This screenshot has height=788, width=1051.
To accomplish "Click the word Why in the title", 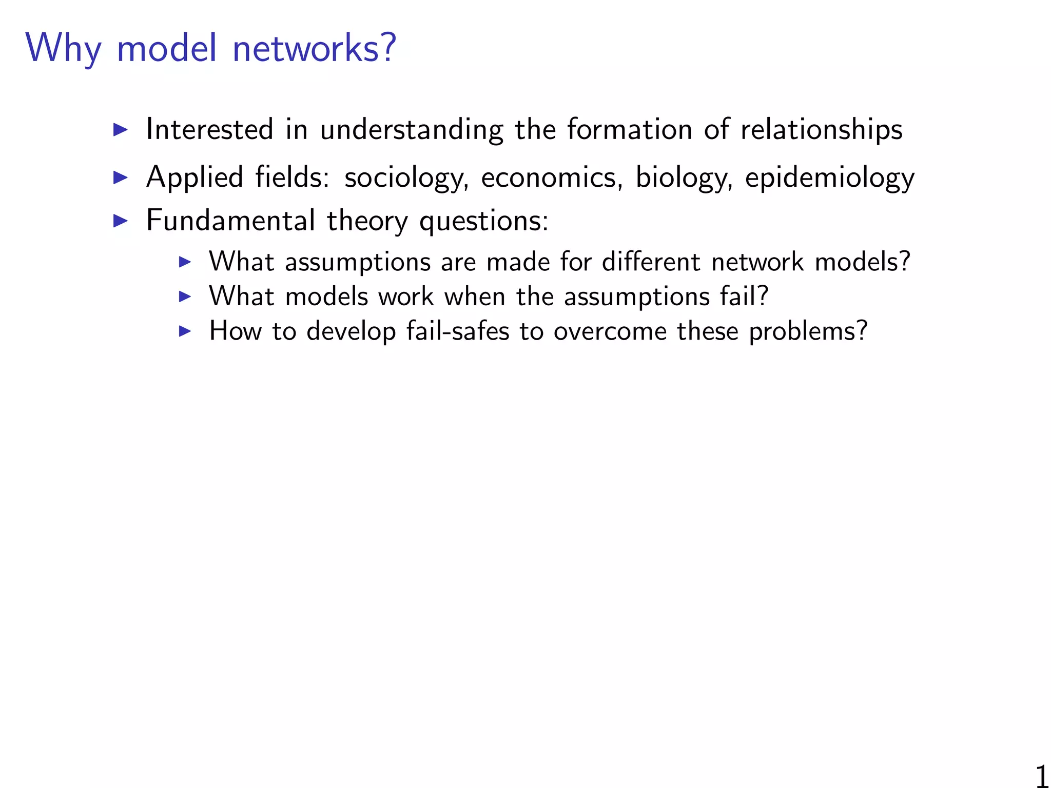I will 63,49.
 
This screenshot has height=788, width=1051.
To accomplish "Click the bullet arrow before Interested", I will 120,129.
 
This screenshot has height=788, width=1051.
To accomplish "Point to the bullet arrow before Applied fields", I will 120,178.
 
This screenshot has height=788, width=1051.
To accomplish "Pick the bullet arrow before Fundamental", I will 120,221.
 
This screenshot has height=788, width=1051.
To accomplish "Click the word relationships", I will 821,129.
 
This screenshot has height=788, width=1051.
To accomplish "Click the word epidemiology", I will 829,179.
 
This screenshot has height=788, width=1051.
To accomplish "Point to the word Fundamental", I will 230,221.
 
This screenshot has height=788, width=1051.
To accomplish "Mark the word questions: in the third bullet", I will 484,222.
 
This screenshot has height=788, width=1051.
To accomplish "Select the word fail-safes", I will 458,331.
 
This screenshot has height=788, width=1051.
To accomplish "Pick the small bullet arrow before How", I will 185,331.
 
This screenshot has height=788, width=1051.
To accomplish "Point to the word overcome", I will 610,331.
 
